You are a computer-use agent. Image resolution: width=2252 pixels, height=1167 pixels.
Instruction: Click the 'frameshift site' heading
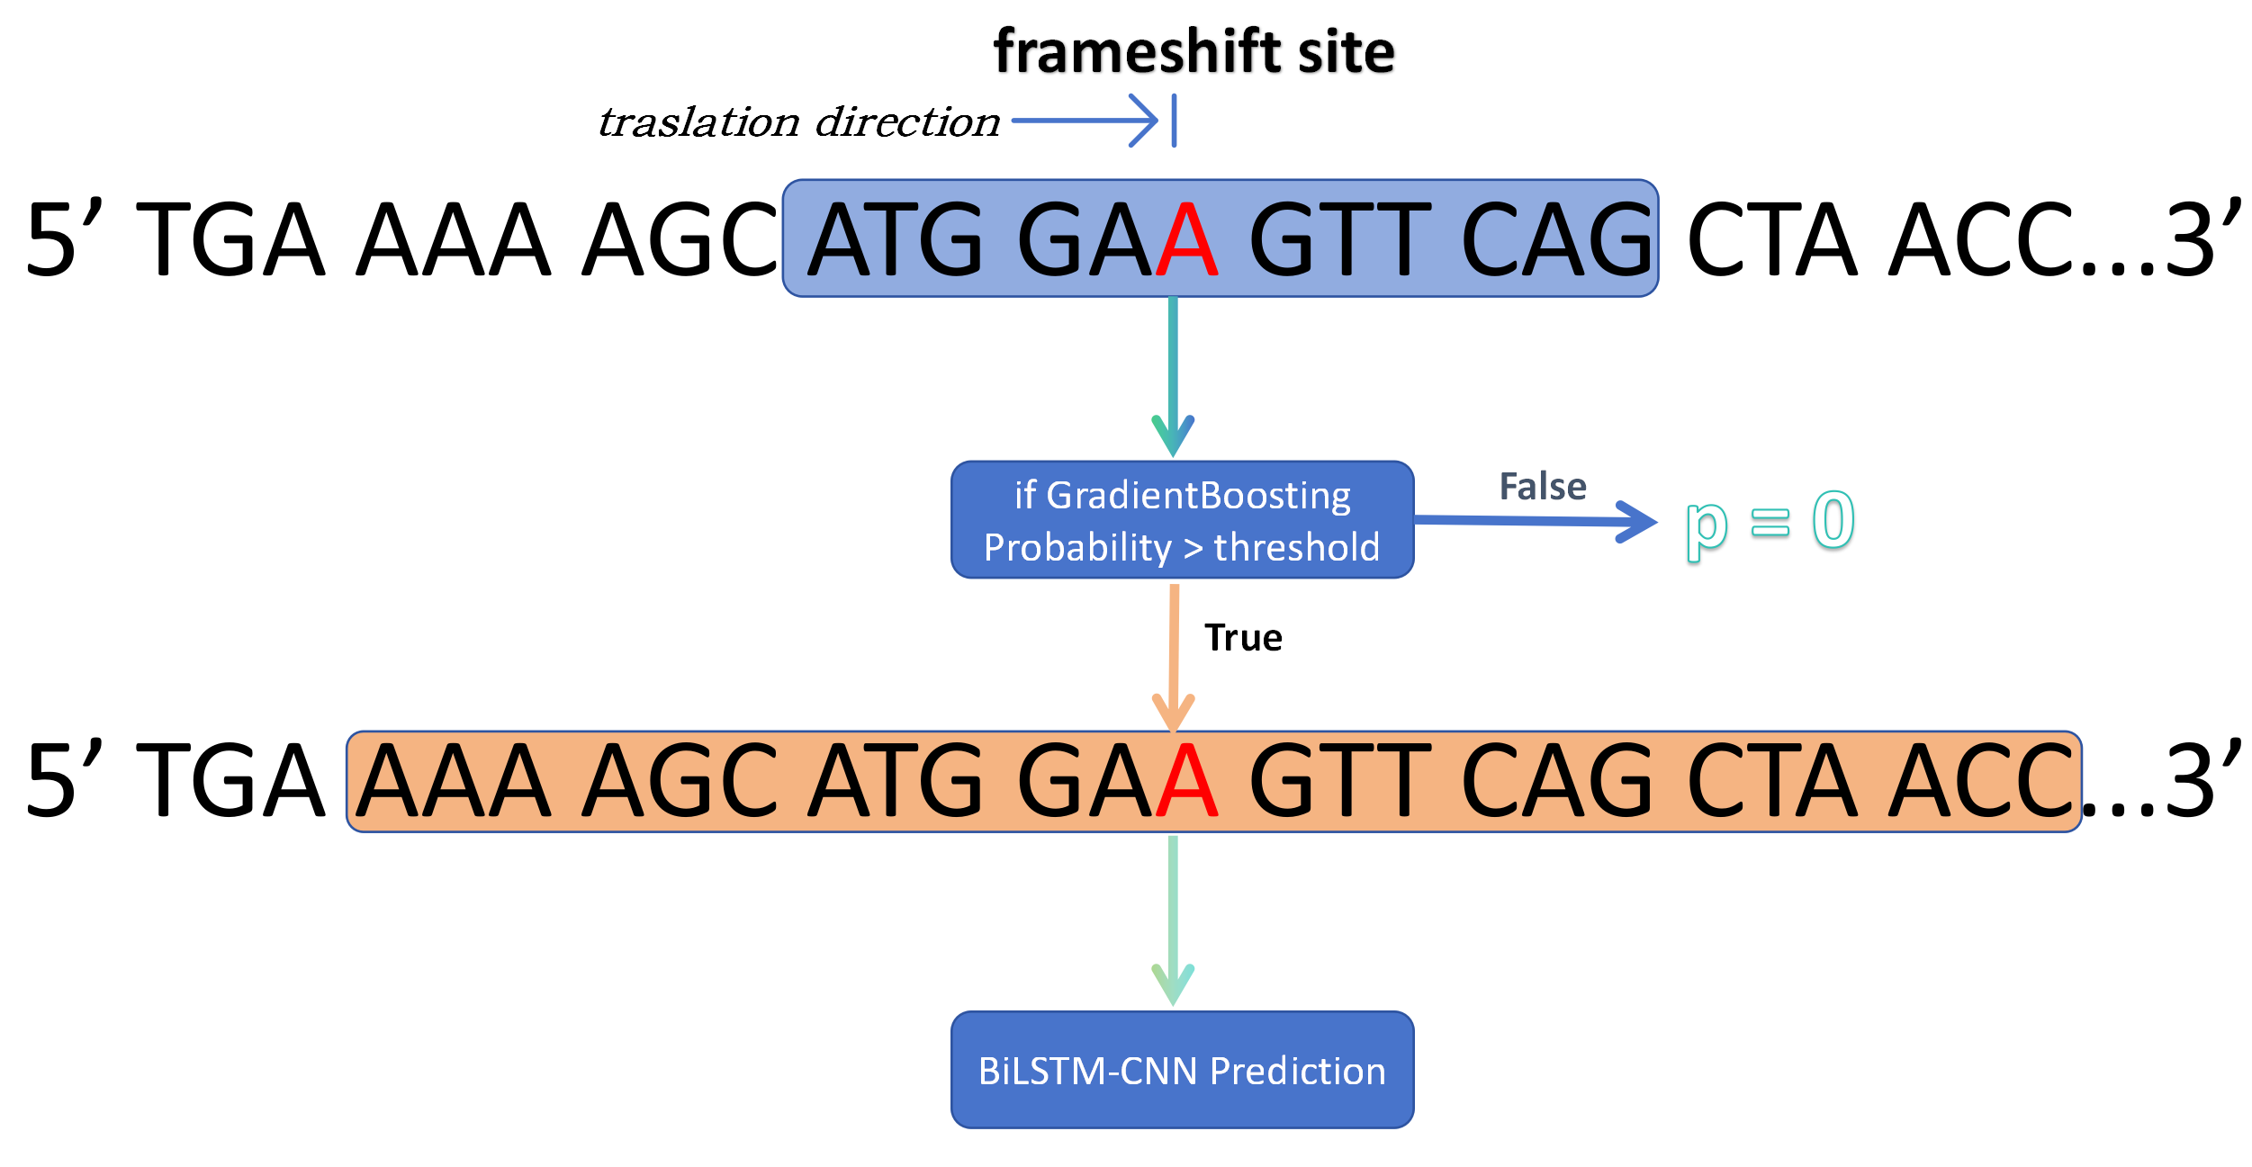click(1194, 51)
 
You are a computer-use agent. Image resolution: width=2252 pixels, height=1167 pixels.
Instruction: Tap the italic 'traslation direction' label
click(799, 122)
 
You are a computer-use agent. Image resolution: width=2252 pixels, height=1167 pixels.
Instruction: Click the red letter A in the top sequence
click(1187, 239)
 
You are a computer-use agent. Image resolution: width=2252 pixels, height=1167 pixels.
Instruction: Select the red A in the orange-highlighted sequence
click(1187, 780)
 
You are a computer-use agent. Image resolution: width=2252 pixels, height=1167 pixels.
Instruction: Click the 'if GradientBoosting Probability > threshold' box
click(1182, 520)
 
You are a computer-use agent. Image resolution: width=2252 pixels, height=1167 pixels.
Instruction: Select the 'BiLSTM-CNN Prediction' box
click(1182, 1070)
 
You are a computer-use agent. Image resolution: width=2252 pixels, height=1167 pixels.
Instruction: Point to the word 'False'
click(1543, 487)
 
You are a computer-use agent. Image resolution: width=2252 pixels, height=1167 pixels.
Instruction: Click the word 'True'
click(1243, 638)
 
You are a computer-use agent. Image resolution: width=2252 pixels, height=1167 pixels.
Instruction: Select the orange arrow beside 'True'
click(1174, 657)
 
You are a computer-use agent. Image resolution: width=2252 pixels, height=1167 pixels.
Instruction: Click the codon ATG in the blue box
click(896, 239)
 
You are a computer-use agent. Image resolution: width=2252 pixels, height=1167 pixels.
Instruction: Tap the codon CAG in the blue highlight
click(1558, 239)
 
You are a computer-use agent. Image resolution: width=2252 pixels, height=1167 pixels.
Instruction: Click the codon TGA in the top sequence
click(230, 239)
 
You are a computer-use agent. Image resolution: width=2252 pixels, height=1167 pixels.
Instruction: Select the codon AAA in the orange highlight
click(454, 780)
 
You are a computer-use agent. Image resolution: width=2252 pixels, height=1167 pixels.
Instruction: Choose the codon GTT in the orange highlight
click(1340, 780)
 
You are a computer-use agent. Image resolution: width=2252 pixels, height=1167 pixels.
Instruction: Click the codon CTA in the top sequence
click(1772, 239)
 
